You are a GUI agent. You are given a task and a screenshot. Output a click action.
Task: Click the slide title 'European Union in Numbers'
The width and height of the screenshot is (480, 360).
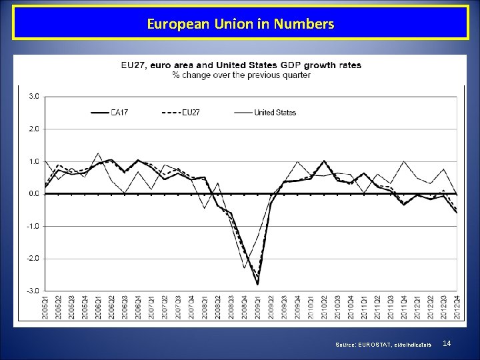(240, 25)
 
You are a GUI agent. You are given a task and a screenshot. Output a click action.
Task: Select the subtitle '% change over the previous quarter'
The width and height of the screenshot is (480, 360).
(241, 75)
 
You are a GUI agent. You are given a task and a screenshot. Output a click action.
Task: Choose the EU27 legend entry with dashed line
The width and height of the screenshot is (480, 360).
(181, 113)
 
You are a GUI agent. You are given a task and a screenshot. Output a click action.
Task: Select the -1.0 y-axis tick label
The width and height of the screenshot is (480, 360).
(33, 226)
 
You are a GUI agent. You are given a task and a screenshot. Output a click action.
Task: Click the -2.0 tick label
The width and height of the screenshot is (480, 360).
(33, 258)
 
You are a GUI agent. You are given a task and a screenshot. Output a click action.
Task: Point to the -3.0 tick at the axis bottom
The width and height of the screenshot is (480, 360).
(33, 291)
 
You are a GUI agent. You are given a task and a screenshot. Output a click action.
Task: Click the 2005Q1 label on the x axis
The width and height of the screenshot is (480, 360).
(46, 308)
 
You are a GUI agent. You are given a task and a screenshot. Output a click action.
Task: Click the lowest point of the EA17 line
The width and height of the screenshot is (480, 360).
(257, 284)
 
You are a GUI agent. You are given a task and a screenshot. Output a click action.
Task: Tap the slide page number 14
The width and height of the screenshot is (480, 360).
(447, 343)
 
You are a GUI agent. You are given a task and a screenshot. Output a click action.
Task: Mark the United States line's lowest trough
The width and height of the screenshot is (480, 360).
(245, 267)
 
